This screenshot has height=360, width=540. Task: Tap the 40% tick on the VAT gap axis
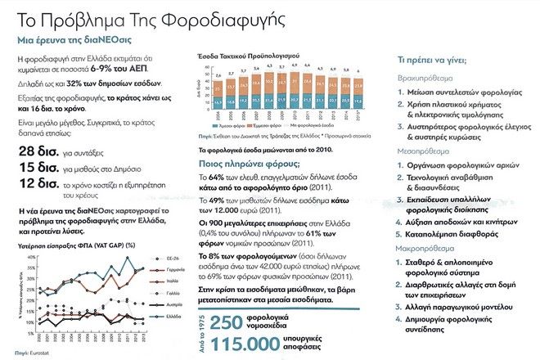[x=31, y=258]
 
